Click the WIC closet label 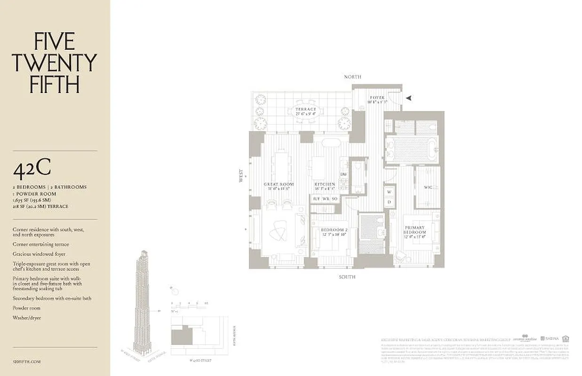click(x=428, y=188)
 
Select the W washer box click(x=389, y=192)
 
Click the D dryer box click(x=389, y=202)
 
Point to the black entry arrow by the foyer click(x=409, y=98)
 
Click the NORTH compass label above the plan click(x=352, y=77)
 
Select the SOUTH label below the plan click(x=347, y=277)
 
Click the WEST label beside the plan click(x=241, y=176)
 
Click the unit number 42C click(x=32, y=170)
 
